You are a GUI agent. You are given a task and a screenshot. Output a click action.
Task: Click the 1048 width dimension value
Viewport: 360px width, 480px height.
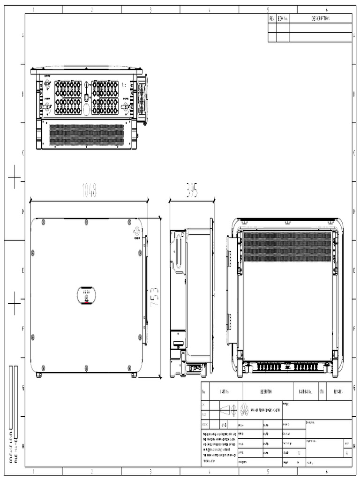coord(89,191)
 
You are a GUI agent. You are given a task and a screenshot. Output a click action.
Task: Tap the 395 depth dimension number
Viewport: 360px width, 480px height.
coord(191,190)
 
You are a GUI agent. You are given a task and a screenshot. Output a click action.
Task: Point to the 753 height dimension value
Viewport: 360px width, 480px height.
coord(155,297)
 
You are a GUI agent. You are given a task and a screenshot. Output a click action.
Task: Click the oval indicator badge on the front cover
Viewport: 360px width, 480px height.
coord(86,296)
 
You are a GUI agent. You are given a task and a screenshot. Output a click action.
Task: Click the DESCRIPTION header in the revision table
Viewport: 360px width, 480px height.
coord(320,19)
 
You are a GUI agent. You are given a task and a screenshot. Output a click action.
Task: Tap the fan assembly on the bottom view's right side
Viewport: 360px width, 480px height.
coord(142,100)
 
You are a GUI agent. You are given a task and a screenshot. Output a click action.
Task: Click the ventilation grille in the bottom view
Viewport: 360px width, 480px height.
coord(87,135)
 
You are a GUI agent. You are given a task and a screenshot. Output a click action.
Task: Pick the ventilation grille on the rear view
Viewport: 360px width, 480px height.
coord(287,246)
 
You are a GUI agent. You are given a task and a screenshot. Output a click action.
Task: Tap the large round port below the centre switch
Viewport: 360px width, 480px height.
coord(87,109)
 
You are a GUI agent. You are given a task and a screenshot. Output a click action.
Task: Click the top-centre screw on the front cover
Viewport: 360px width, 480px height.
coord(86,222)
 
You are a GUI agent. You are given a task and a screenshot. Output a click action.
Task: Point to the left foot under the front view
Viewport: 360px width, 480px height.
coord(39,375)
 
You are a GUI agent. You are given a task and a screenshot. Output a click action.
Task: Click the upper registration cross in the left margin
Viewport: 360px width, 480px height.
coord(15,177)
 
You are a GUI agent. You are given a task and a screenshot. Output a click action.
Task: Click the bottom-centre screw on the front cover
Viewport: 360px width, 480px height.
coord(86,368)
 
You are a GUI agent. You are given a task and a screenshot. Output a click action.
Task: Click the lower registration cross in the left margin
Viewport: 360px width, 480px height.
coord(15,303)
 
